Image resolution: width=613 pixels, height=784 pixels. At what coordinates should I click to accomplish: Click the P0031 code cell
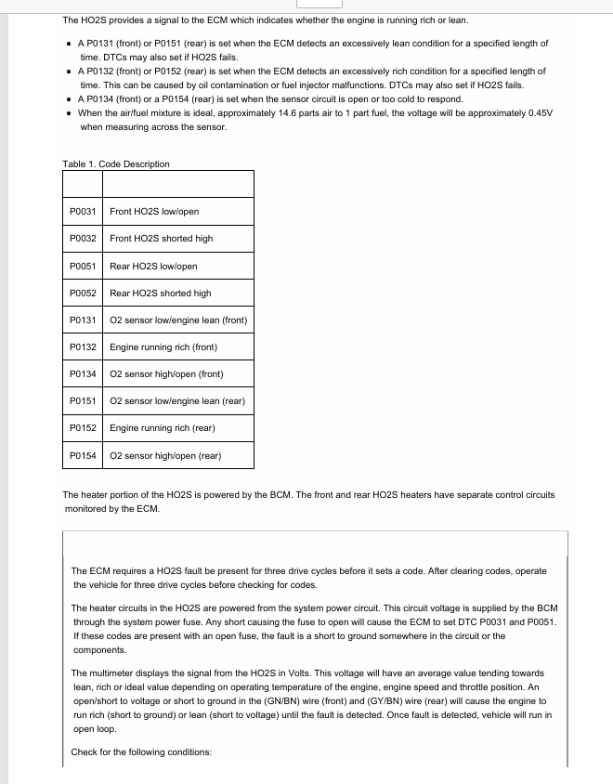click(x=83, y=212)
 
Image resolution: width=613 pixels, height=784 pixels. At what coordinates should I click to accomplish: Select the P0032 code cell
click(x=83, y=239)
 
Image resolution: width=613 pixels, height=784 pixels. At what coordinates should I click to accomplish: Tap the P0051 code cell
click(x=83, y=267)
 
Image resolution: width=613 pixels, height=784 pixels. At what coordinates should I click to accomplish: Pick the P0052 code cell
click(x=83, y=294)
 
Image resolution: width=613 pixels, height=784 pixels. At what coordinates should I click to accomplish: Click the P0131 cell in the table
click(x=83, y=320)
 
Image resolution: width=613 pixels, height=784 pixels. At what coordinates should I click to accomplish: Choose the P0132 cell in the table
click(x=83, y=347)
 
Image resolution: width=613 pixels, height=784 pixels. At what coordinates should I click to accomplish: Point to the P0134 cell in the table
click(x=83, y=374)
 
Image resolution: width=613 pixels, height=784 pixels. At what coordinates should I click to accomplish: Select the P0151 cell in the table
click(x=83, y=401)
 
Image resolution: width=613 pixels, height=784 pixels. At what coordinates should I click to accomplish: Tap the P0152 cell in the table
click(x=83, y=428)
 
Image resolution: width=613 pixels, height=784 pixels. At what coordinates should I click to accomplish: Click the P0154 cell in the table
click(x=83, y=456)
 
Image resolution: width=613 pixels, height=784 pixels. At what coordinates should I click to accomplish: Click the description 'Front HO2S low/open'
click(x=154, y=212)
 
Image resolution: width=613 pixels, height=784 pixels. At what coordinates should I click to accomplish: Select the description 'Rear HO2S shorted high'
click(x=160, y=294)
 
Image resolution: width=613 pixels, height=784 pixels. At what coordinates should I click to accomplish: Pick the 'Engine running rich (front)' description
click(x=163, y=347)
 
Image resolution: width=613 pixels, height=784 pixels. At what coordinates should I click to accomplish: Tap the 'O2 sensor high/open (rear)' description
click(x=165, y=456)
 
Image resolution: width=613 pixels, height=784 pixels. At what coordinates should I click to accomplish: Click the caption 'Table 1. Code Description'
click(x=116, y=164)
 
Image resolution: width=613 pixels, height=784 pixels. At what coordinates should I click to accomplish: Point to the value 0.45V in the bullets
click(x=539, y=112)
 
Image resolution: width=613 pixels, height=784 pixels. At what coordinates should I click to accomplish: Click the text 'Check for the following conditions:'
click(x=142, y=751)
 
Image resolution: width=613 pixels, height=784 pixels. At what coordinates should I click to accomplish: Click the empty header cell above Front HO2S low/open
click(x=177, y=184)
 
